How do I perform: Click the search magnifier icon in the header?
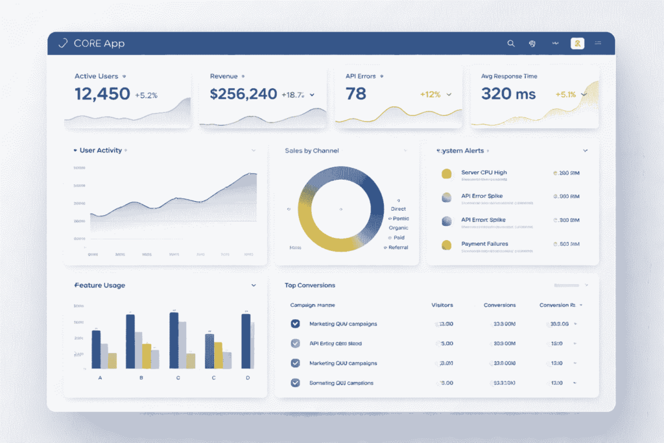511,43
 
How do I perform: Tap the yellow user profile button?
577,43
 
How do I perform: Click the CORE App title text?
99,43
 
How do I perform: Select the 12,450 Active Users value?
102,94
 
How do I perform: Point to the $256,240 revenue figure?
244,94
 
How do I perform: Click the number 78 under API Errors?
356,94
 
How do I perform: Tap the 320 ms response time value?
508,94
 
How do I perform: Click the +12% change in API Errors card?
430,95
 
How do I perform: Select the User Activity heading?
101,150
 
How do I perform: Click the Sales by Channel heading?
312,150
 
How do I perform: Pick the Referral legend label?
398,247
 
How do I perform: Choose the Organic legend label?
398,228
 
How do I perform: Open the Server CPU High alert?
484,173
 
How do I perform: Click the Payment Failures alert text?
484,244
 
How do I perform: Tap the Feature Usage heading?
100,285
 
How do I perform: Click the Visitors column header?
442,305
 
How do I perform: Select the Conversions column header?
499,305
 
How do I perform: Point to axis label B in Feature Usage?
141,377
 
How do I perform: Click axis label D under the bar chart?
247,377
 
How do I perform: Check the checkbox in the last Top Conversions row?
296,383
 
